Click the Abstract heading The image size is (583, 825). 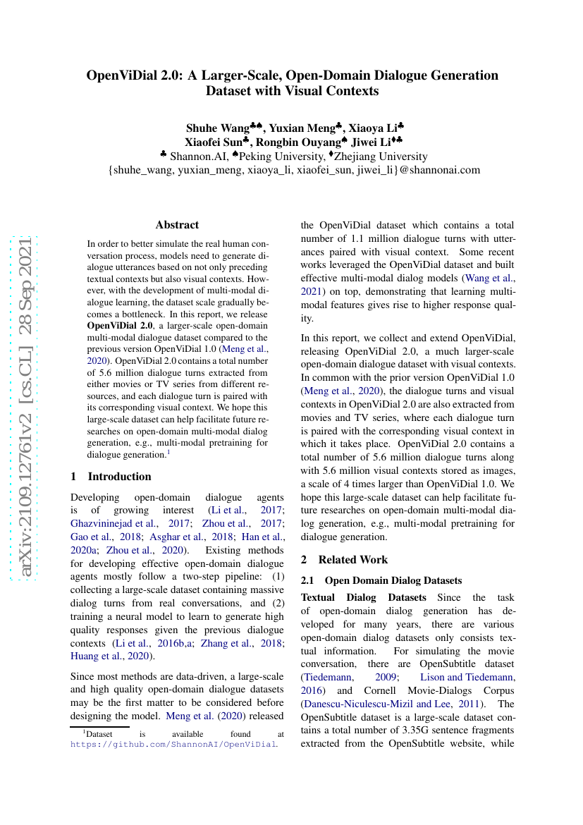coord(177,225)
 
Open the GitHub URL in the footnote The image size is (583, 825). coord(174,744)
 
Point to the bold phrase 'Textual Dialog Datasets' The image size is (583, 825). coord(363,597)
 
